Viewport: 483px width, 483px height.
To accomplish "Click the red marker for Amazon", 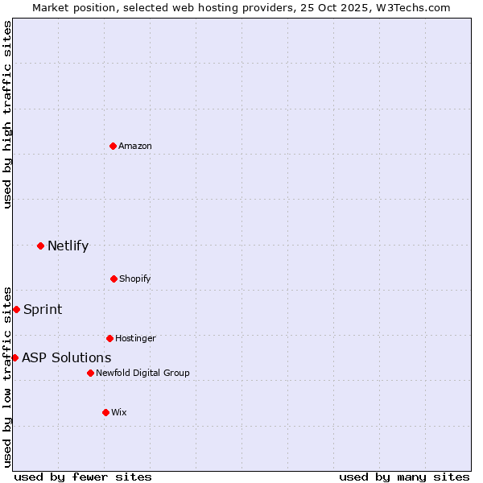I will click(x=114, y=146).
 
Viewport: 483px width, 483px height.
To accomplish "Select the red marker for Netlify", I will click(x=40, y=246).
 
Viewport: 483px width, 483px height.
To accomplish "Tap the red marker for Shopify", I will click(x=114, y=279).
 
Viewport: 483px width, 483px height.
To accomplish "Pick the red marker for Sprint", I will click(x=16, y=309).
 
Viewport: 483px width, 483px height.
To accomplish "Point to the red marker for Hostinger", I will click(x=109, y=338).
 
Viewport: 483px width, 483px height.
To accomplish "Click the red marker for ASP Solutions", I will click(x=14, y=357).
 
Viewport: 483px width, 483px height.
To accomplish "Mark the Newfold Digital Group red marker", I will click(x=90, y=373).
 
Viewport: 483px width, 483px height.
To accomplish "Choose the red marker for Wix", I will click(x=105, y=412).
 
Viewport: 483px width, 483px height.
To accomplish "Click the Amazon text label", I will click(x=135, y=147).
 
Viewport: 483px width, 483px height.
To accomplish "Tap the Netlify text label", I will click(x=68, y=246).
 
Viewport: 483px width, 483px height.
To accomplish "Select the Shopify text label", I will click(x=135, y=279).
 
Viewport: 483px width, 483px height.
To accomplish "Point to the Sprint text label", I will click(x=43, y=310).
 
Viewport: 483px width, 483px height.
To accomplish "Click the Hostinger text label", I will click(x=135, y=339).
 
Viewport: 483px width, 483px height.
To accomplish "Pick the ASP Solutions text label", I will click(x=67, y=358).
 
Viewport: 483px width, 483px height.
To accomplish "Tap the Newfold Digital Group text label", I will click(x=142, y=374).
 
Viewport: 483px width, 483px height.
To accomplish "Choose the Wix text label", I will click(x=119, y=413).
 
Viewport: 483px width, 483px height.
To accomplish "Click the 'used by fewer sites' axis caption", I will click(x=83, y=477).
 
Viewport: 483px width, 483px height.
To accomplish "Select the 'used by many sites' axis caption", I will click(x=404, y=477).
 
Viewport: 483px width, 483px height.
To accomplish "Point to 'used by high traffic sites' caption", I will click(x=7, y=114).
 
